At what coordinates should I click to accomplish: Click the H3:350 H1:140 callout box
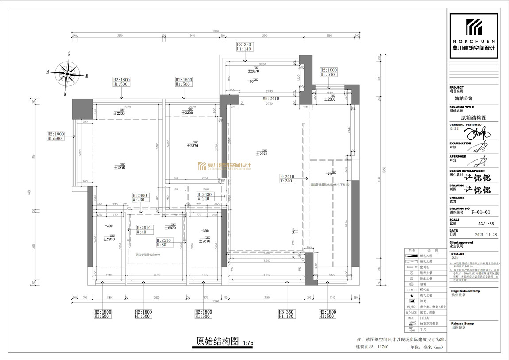tap(243, 47)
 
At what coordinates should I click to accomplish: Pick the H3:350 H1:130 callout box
tap(287, 314)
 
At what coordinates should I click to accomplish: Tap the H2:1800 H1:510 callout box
tap(328, 72)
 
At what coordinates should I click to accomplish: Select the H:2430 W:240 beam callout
tap(205, 197)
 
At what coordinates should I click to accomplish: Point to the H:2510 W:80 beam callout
tap(165, 243)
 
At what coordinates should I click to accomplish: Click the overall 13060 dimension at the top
tap(216, 31)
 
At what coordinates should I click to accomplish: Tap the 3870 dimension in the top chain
tap(119, 35)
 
